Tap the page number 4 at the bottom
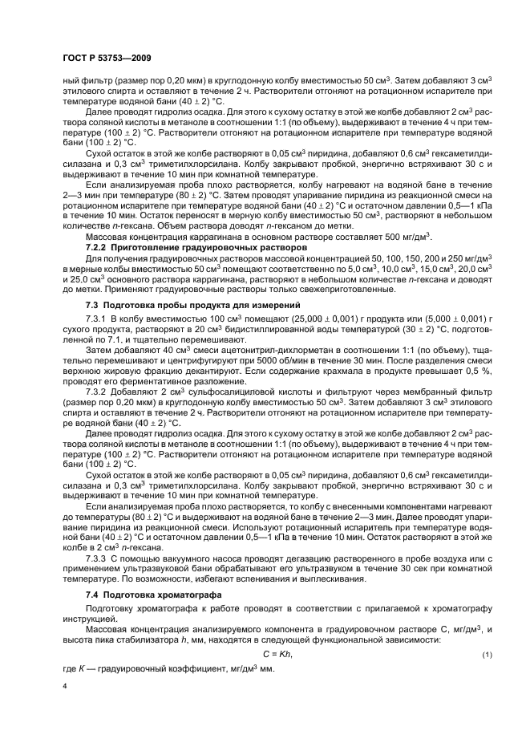pyautogui.click(x=64, y=687)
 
